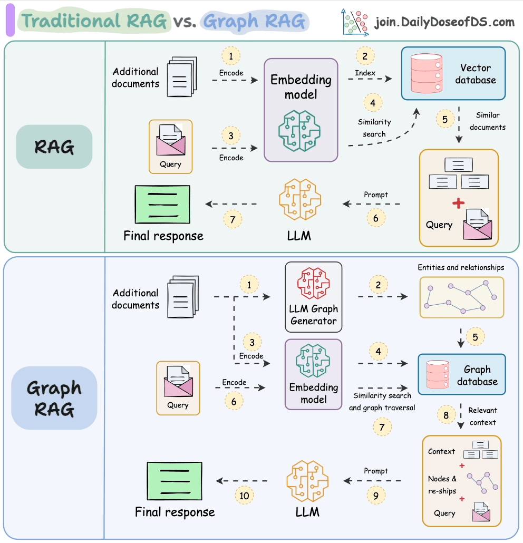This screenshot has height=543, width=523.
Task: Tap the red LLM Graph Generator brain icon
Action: (x=313, y=284)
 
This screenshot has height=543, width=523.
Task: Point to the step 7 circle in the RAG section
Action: (x=233, y=218)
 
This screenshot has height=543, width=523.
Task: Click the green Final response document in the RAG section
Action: (x=162, y=205)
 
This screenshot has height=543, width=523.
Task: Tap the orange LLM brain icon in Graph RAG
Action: (x=307, y=480)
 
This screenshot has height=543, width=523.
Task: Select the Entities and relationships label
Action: (x=461, y=267)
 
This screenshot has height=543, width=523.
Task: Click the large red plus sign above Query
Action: (x=459, y=203)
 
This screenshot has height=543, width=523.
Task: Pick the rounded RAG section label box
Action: (x=54, y=147)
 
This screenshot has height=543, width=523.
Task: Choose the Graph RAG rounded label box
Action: (x=54, y=398)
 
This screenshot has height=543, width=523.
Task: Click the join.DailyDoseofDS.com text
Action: (x=444, y=22)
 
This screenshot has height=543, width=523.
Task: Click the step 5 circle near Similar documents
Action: (x=445, y=119)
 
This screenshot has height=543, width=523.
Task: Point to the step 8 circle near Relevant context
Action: (x=446, y=415)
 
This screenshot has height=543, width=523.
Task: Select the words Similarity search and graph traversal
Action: (x=382, y=401)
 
